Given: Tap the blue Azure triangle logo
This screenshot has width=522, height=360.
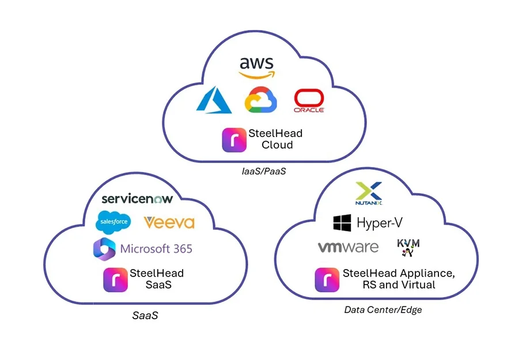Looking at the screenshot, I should (x=214, y=101).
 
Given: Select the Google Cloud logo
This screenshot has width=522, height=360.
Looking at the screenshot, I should (x=260, y=100).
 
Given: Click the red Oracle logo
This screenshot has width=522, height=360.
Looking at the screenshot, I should (x=309, y=101).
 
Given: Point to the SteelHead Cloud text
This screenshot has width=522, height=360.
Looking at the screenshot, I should (x=275, y=139).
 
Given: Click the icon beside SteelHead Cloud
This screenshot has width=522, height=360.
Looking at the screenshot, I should (x=234, y=139).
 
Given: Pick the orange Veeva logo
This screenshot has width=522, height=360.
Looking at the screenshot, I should (x=169, y=223).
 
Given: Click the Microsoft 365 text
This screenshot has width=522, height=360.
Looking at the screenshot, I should (x=156, y=249).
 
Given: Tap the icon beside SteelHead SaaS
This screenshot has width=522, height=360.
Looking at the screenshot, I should (x=115, y=280).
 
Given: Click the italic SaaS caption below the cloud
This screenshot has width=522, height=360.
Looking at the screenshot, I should (x=145, y=315).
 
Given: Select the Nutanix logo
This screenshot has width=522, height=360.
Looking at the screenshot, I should (x=369, y=194).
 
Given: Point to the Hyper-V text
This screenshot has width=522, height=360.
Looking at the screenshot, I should (x=379, y=223).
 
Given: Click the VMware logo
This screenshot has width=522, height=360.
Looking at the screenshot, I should (x=348, y=248).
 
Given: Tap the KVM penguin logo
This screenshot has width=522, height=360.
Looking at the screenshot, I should (x=408, y=247).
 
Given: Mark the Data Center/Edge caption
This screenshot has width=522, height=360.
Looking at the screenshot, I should (x=383, y=310).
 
